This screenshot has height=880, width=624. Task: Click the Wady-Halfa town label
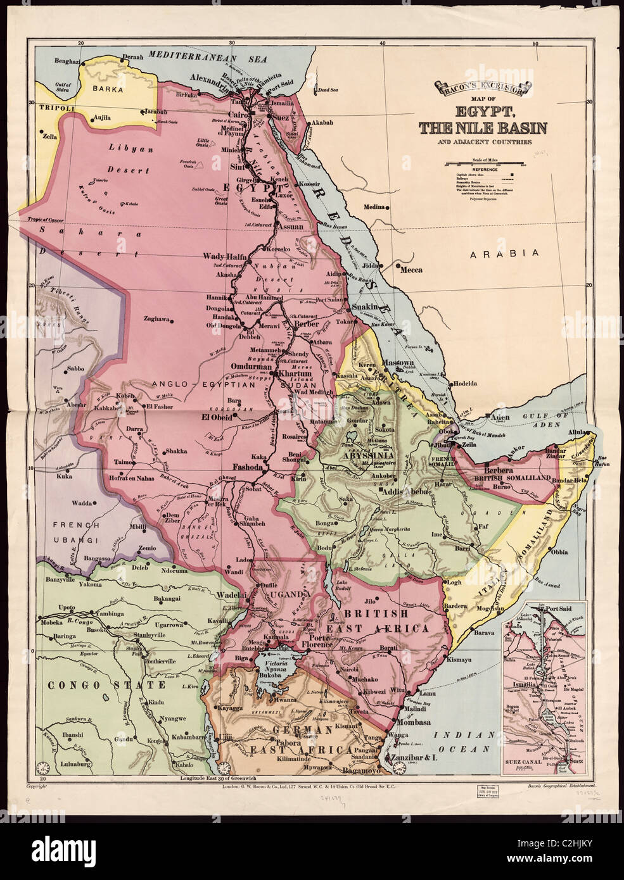click(223, 256)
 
